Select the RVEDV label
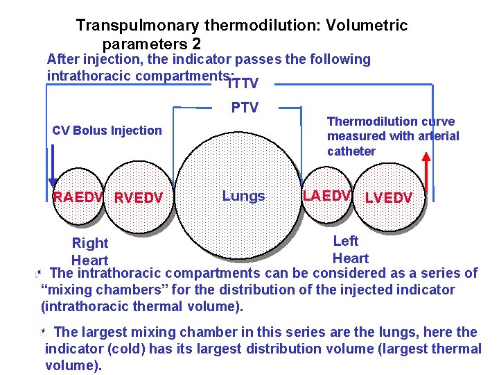(x=139, y=199)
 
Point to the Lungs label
(x=243, y=196)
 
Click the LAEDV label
(x=326, y=195)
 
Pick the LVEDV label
(x=388, y=198)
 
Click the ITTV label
(x=243, y=84)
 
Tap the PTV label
(x=244, y=108)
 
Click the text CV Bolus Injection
(x=107, y=131)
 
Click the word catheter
(x=351, y=151)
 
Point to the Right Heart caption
(x=90, y=251)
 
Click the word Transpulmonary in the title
(x=130, y=26)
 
